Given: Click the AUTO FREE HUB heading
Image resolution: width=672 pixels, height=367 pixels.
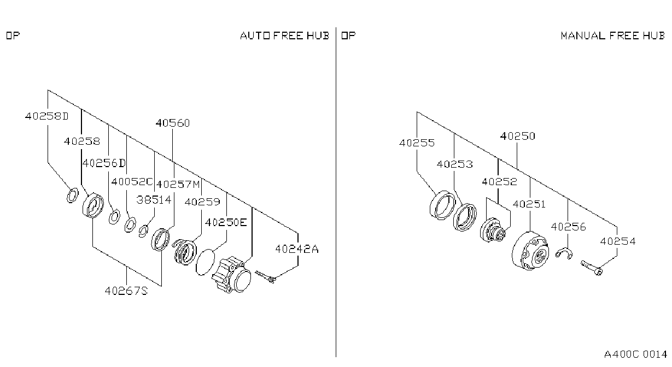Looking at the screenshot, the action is point(284,35).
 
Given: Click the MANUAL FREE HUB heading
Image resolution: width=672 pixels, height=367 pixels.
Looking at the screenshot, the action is point(613,35).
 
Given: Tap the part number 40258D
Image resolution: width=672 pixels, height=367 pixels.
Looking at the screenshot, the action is point(47,116).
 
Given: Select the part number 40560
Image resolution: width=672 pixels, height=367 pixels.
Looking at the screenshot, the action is point(173,123).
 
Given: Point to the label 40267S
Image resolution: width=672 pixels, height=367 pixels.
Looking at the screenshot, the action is point(126,291).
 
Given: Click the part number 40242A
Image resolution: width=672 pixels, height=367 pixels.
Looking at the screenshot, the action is point(297,248).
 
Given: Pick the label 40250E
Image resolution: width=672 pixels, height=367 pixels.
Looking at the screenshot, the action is point(226,222).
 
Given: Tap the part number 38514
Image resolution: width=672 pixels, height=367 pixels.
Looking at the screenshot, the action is point(154,199).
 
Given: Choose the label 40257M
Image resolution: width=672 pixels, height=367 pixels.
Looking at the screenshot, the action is point(178,184).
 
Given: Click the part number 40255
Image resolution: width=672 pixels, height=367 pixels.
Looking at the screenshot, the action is point(417,143).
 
